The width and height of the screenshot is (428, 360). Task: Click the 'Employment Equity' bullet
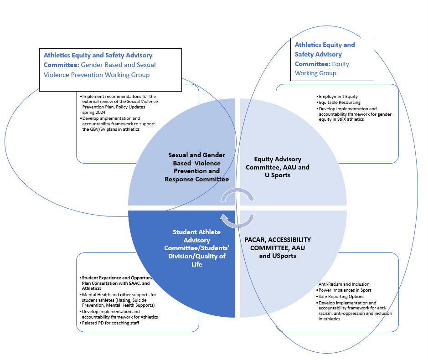coord(338,97)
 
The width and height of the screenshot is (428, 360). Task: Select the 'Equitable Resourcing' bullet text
coord(339,103)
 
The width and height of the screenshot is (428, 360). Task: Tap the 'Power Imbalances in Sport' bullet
coord(345,290)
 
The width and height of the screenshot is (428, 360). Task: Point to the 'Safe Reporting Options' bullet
coord(341,297)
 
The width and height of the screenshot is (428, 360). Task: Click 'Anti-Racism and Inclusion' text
coord(344,284)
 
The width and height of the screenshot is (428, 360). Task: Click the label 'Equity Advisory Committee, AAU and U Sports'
coord(278,167)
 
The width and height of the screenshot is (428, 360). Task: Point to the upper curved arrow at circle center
coord(237,195)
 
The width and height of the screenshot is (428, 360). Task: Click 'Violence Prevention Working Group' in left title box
coord(97,75)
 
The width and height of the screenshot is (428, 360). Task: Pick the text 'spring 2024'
coord(94,112)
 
